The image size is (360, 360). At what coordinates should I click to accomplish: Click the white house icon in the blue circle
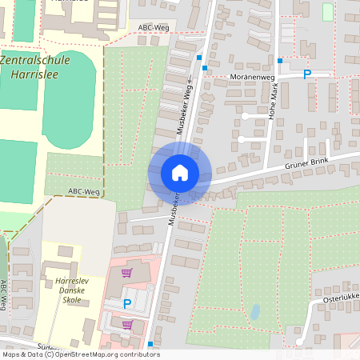click(180, 172)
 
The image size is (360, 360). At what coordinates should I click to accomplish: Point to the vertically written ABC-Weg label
click(5, 295)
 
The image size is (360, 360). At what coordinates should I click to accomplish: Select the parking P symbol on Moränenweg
click(306, 74)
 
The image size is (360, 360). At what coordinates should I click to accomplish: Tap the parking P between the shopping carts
click(127, 304)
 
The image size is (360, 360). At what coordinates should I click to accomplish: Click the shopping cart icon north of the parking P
click(126, 273)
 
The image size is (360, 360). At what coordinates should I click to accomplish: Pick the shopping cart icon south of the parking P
click(126, 325)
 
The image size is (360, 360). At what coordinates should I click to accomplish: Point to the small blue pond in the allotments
click(254, 311)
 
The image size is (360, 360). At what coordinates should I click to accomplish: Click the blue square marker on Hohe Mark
click(280, 61)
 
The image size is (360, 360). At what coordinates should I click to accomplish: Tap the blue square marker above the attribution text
click(150, 343)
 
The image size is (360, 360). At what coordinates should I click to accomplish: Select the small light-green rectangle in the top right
click(327, 12)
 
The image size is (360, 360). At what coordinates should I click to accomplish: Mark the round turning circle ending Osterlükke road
click(298, 342)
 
